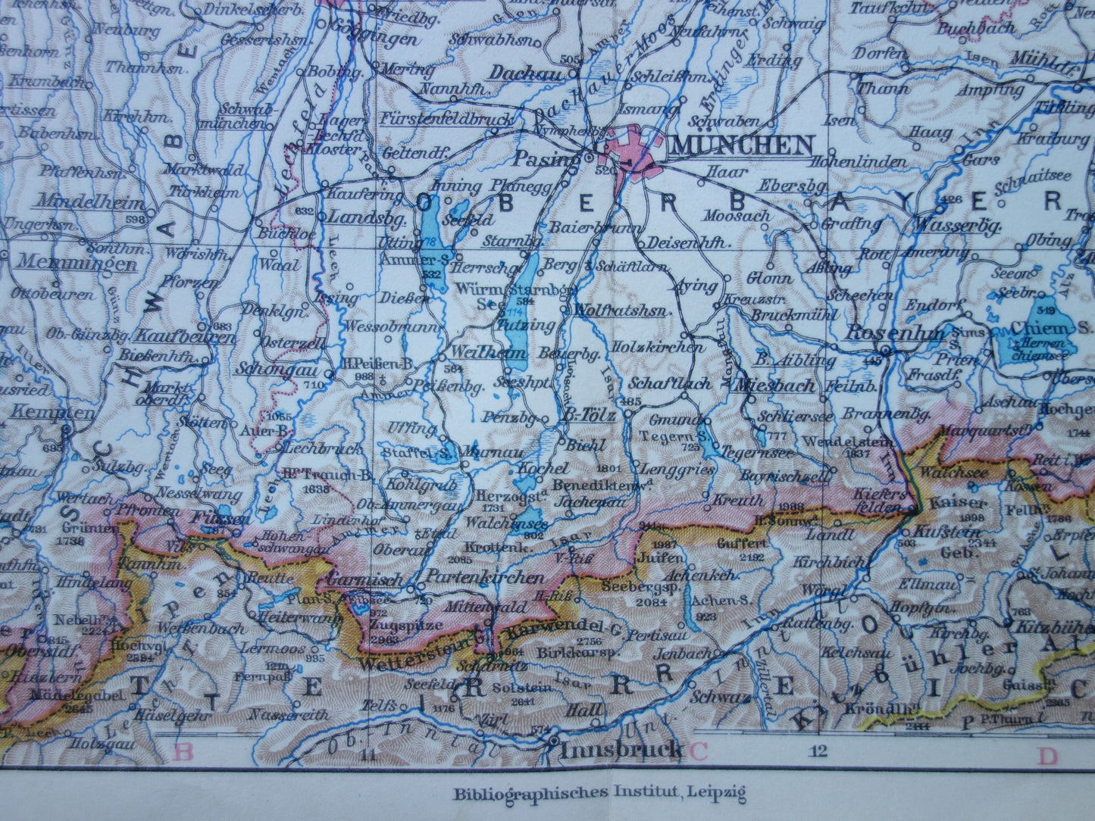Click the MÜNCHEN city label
coord(743,144)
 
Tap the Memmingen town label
coord(77,264)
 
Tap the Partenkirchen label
coord(486,577)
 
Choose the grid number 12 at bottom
coord(818,751)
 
